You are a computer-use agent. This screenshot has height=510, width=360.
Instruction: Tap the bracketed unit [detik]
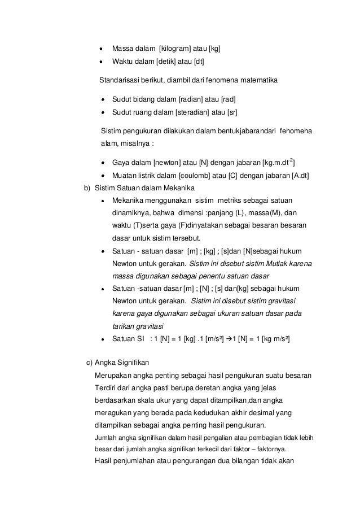[160, 62]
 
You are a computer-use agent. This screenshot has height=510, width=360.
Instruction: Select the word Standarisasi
[120, 81]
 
